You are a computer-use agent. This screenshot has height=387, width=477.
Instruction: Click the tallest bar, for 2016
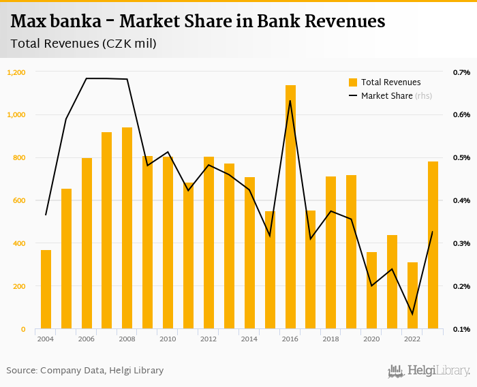click(290, 207)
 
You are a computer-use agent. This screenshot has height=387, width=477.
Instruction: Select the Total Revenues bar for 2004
click(46, 290)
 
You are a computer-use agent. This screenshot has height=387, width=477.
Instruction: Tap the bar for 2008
click(127, 228)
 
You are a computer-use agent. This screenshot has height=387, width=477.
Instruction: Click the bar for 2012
click(209, 243)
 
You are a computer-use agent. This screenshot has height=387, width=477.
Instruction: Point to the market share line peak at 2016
click(290, 101)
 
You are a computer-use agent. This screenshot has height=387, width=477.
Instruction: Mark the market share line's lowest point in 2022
click(412, 314)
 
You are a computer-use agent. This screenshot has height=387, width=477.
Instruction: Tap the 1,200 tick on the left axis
click(16, 72)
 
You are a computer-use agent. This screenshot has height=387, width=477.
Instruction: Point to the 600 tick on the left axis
click(19, 200)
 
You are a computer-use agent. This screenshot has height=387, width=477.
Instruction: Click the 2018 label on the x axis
click(331, 339)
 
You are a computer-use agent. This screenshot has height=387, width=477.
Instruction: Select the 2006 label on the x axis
click(87, 339)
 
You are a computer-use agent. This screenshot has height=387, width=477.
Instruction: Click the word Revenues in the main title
click(345, 22)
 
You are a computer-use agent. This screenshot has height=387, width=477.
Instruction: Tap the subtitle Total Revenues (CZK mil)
click(83, 44)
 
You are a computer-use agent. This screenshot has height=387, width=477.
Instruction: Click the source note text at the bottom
click(85, 371)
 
